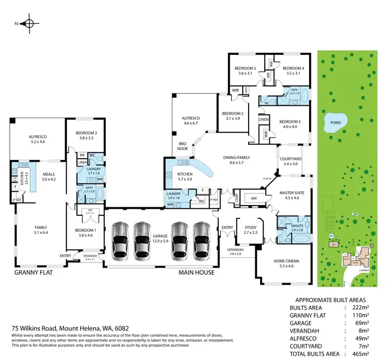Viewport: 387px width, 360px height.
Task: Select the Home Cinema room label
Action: pyautogui.click(x=286, y=261)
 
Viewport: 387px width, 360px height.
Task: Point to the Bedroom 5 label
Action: pyautogui.click(x=289, y=122)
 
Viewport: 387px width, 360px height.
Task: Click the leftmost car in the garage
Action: pyautogui.click(x=119, y=240)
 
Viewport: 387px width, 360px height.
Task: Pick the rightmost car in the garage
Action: pyautogui.click(x=201, y=240)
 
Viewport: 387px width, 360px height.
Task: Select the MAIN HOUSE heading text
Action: pyautogui.click(x=196, y=272)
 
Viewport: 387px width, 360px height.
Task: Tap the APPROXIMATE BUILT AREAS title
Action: pyautogui.click(x=330, y=300)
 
